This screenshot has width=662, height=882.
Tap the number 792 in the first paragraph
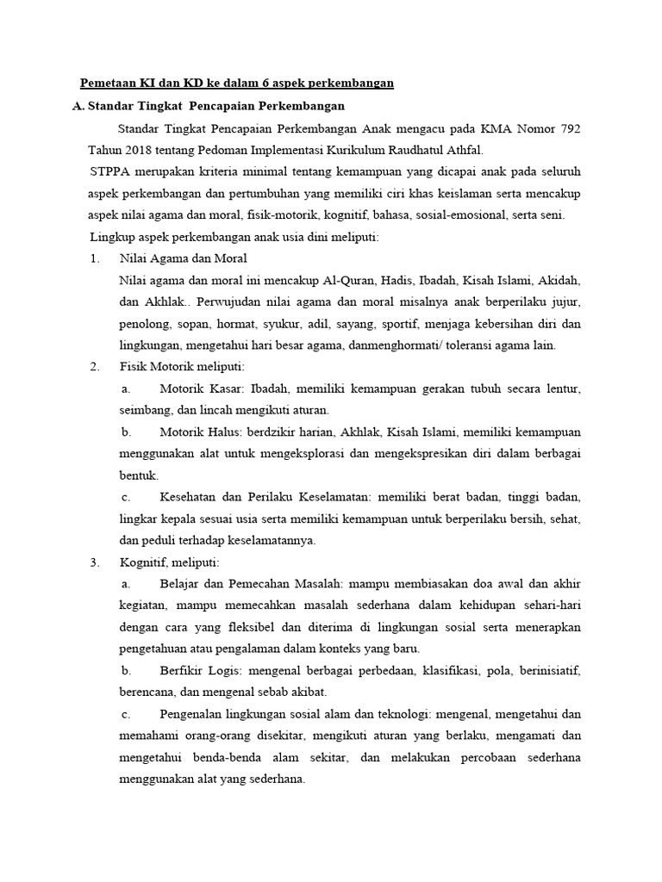tap(564, 128)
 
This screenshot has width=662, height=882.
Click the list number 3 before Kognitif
tap(94, 562)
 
